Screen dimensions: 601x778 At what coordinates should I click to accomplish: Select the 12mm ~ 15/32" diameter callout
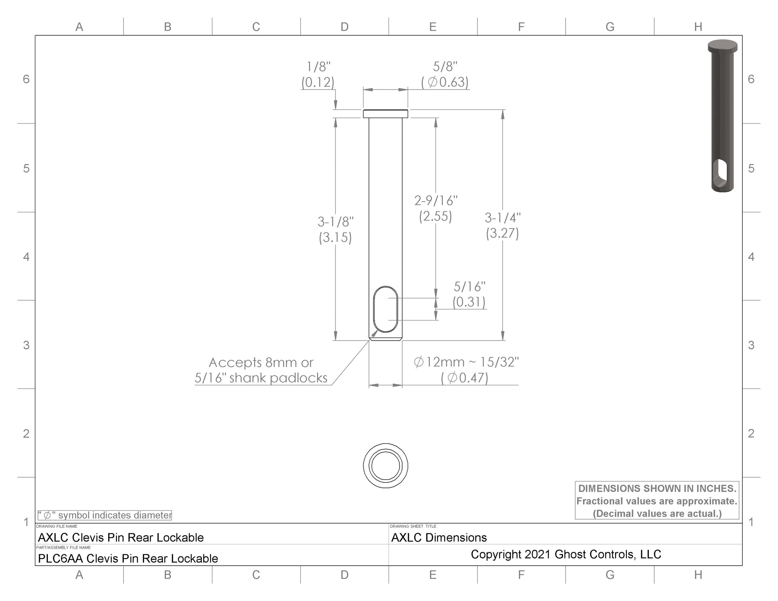click(466, 362)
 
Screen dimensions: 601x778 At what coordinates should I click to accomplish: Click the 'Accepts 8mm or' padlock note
click(261, 363)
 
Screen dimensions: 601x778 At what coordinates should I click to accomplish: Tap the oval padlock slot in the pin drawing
click(386, 309)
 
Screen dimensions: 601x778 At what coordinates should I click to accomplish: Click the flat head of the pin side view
click(385, 114)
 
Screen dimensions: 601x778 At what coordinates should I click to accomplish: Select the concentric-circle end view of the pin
click(385, 465)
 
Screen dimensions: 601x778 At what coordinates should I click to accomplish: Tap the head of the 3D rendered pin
click(722, 46)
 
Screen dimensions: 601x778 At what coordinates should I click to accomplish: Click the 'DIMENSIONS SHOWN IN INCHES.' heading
click(657, 488)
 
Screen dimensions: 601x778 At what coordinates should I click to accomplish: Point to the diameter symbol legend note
click(105, 515)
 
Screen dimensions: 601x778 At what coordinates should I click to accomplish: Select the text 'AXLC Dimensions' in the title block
click(439, 538)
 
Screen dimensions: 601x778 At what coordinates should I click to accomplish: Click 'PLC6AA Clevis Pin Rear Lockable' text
click(128, 558)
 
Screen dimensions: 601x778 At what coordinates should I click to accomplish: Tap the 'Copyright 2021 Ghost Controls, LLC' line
click(566, 554)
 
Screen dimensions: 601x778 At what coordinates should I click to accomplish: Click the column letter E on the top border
click(433, 27)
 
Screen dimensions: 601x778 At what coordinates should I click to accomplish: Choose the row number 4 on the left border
click(26, 257)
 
